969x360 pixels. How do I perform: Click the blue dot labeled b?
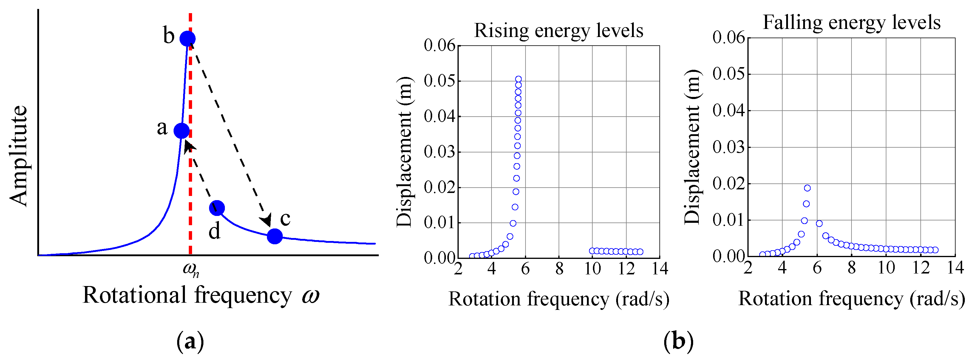click(x=187, y=38)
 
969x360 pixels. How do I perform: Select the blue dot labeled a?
click(x=182, y=131)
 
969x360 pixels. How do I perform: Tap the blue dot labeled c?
click(x=275, y=236)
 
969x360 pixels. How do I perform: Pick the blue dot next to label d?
click(x=217, y=208)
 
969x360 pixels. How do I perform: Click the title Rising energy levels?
click(x=558, y=30)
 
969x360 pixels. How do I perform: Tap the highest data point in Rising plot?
click(x=518, y=79)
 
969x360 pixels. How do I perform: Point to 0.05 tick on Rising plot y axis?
click(x=439, y=81)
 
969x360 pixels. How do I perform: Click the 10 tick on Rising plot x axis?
click(x=592, y=269)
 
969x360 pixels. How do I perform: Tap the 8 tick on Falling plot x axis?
click(x=851, y=268)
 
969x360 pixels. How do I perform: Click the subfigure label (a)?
click(x=190, y=342)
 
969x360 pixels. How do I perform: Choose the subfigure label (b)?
click(x=678, y=342)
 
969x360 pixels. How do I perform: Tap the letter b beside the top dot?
click(x=169, y=36)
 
